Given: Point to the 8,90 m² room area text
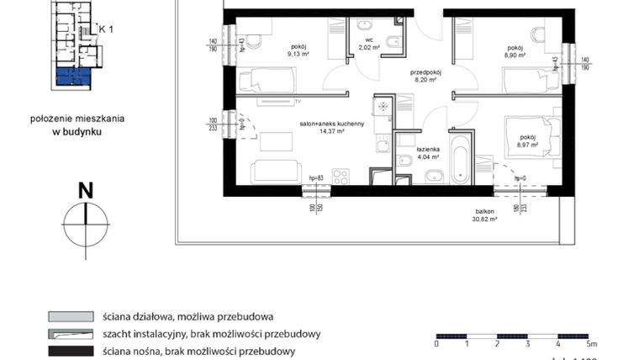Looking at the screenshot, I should pyautogui.click(x=515, y=55).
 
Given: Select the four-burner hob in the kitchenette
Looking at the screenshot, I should pyautogui.click(x=341, y=177).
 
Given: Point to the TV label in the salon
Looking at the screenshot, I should pyautogui.click(x=298, y=101).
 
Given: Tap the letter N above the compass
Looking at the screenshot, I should pyautogui.click(x=85, y=191).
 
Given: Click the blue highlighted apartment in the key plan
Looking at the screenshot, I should pyautogui.click(x=72, y=79).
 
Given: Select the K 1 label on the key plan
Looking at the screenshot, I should pyautogui.click(x=106, y=28).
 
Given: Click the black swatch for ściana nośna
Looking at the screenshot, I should pyautogui.click(x=69, y=350).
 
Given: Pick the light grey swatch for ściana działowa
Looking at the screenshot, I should pyautogui.click(x=69, y=317).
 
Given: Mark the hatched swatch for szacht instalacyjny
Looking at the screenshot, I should pyautogui.click(x=69, y=334).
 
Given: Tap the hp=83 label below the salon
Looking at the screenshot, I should pyautogui.click(x=316, y=177).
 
